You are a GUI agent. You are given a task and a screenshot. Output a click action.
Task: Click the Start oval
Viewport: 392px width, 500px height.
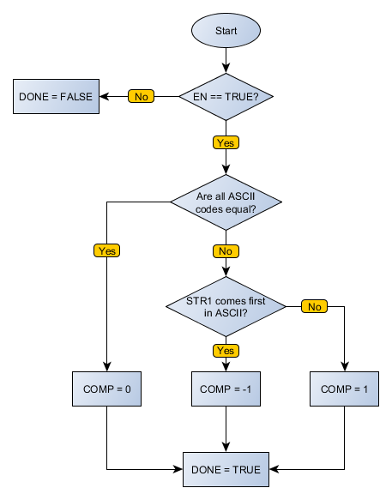pos(226,31)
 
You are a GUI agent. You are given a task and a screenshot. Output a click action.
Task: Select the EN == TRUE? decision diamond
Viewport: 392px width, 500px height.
pos(226,96)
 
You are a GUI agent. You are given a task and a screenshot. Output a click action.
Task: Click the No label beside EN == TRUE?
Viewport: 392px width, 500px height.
pos(141,96)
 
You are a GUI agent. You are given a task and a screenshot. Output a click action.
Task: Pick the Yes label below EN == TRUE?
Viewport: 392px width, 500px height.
pos(226,142)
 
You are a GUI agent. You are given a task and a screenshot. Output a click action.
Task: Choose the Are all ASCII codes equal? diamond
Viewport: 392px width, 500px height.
pos(226,203)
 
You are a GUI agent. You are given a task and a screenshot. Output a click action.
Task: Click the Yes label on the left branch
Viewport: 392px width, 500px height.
pos(106,250)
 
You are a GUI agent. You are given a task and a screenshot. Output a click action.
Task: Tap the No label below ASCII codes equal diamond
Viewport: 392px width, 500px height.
pos(226,250)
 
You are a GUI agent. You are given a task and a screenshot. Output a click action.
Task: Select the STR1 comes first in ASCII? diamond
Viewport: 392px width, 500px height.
pos(226,306)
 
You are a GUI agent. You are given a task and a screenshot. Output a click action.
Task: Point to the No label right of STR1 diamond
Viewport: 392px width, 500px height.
pos(315,306)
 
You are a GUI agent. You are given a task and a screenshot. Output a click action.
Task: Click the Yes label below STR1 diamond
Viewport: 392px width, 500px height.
pos(226,350)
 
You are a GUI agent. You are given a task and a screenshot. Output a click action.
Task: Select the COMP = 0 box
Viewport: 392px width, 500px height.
pos(106,389)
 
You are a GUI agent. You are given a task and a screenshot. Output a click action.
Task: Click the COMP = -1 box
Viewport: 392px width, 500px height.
pos(226,389)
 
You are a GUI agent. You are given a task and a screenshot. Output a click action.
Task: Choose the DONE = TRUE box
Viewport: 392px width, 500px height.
pos(226,469)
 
